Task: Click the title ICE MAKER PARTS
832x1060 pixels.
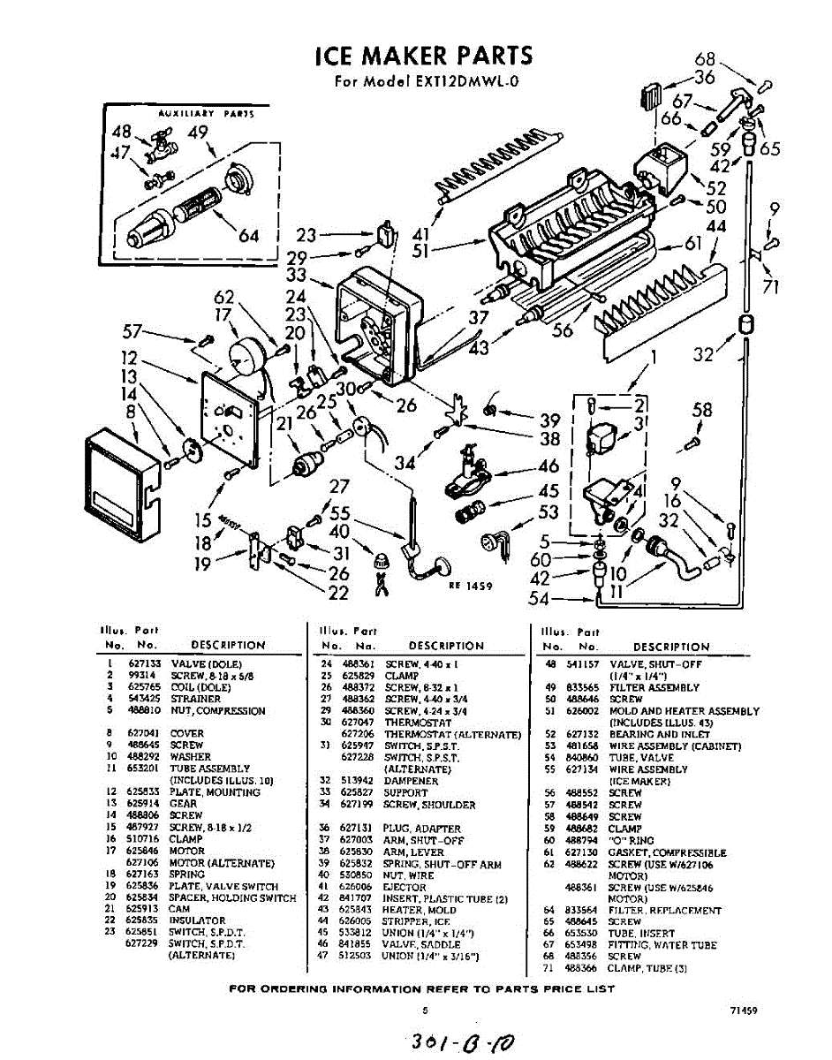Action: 424,57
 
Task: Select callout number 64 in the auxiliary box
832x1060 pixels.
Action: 249,236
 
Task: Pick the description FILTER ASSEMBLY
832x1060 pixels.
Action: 654,687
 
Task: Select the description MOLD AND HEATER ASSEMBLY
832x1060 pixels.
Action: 684,711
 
